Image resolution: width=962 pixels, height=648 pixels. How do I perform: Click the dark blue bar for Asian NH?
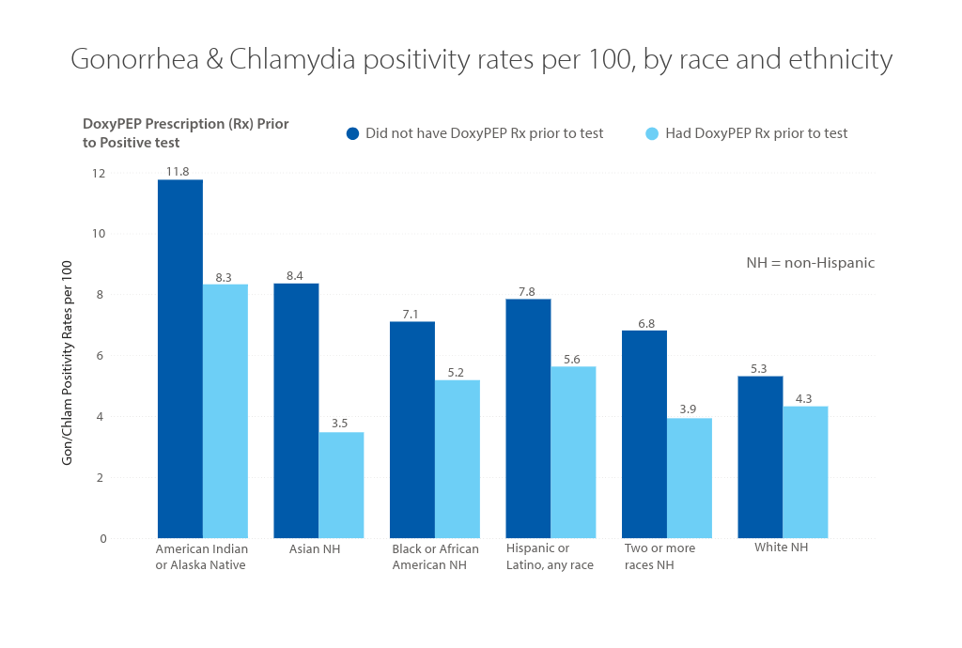[296, 410]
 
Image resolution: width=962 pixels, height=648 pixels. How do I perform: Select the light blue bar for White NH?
[805, 471]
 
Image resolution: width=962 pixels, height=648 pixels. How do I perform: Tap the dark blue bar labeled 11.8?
[179, 359]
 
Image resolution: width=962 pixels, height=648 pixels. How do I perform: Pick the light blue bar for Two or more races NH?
[690, 478]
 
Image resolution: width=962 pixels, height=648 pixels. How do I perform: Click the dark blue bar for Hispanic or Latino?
[528, 418]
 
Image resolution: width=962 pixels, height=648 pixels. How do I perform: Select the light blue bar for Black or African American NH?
[457, 458]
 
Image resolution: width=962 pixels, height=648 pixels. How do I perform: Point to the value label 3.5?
[341, 424]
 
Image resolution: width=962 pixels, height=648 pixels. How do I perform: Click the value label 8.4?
[296, 275]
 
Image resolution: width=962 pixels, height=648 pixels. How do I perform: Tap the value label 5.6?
[573, 359]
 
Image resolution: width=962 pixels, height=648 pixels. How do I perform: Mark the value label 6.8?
[644, 322]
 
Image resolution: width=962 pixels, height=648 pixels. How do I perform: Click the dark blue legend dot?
[352, 133]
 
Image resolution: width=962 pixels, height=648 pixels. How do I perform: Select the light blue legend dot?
[652, 133]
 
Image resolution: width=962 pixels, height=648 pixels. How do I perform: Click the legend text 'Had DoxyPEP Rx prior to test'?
[756, 133]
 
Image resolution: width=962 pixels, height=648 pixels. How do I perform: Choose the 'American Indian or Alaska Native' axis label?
[201, 557]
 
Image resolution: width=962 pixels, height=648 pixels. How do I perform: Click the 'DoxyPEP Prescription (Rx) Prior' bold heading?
[185, 124]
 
